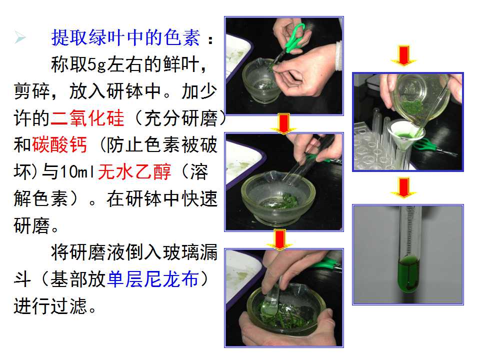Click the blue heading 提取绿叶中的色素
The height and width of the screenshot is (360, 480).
click(x=125, y=37)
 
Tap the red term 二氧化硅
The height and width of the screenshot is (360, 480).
click(x=87, y=118)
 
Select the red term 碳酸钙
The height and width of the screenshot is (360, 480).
click(x=59, y=145)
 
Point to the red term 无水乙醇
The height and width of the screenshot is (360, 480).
click(x=134, y=171)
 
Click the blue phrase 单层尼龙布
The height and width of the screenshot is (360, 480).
click(x=153, y=279)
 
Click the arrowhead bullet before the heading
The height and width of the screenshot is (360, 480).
click(x=20, y=38)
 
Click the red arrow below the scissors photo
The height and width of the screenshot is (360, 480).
click(x=284, y=123)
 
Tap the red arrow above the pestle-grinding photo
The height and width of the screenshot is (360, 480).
click(x=279, y=239)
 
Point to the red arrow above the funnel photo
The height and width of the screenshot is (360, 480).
click(x=404, y=55)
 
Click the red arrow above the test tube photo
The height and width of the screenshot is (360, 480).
click(x=404, y=187)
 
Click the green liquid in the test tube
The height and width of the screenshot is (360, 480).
click(x=408, y=274)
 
